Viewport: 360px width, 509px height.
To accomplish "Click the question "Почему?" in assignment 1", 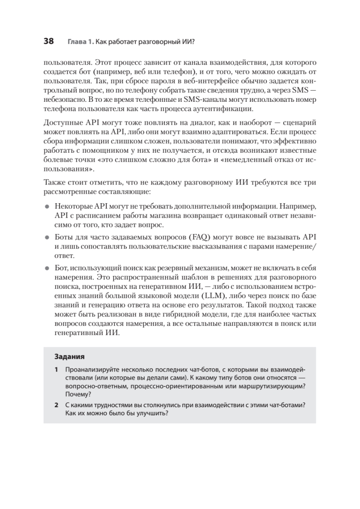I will (75, 394).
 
